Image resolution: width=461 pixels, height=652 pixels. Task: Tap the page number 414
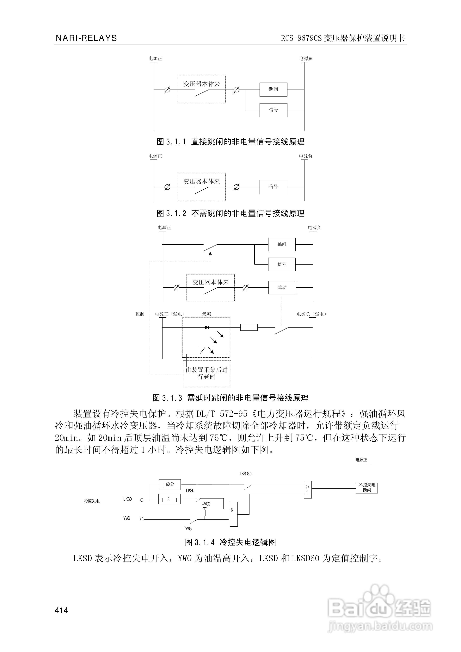click(62, 610)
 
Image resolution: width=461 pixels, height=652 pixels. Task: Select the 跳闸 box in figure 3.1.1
click(273, 90)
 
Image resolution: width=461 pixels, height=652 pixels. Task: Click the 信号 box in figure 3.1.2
click(273, 187)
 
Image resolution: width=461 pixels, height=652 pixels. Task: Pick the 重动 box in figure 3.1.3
click(282, 287)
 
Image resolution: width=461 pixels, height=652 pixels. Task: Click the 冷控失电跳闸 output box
click(366, 488)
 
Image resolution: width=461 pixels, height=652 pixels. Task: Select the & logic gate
click(233, 514)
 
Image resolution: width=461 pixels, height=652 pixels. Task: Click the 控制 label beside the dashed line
click(140, 314)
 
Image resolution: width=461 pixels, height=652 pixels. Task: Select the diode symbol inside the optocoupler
click(207, 327)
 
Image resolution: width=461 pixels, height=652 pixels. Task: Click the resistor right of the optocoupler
click(249, 327)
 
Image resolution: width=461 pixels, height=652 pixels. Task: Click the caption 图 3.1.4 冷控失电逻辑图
click(230, 542)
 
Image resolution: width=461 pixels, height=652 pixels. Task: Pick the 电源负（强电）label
click(311, 314)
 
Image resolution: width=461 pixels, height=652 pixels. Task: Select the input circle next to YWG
click(142, 519)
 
